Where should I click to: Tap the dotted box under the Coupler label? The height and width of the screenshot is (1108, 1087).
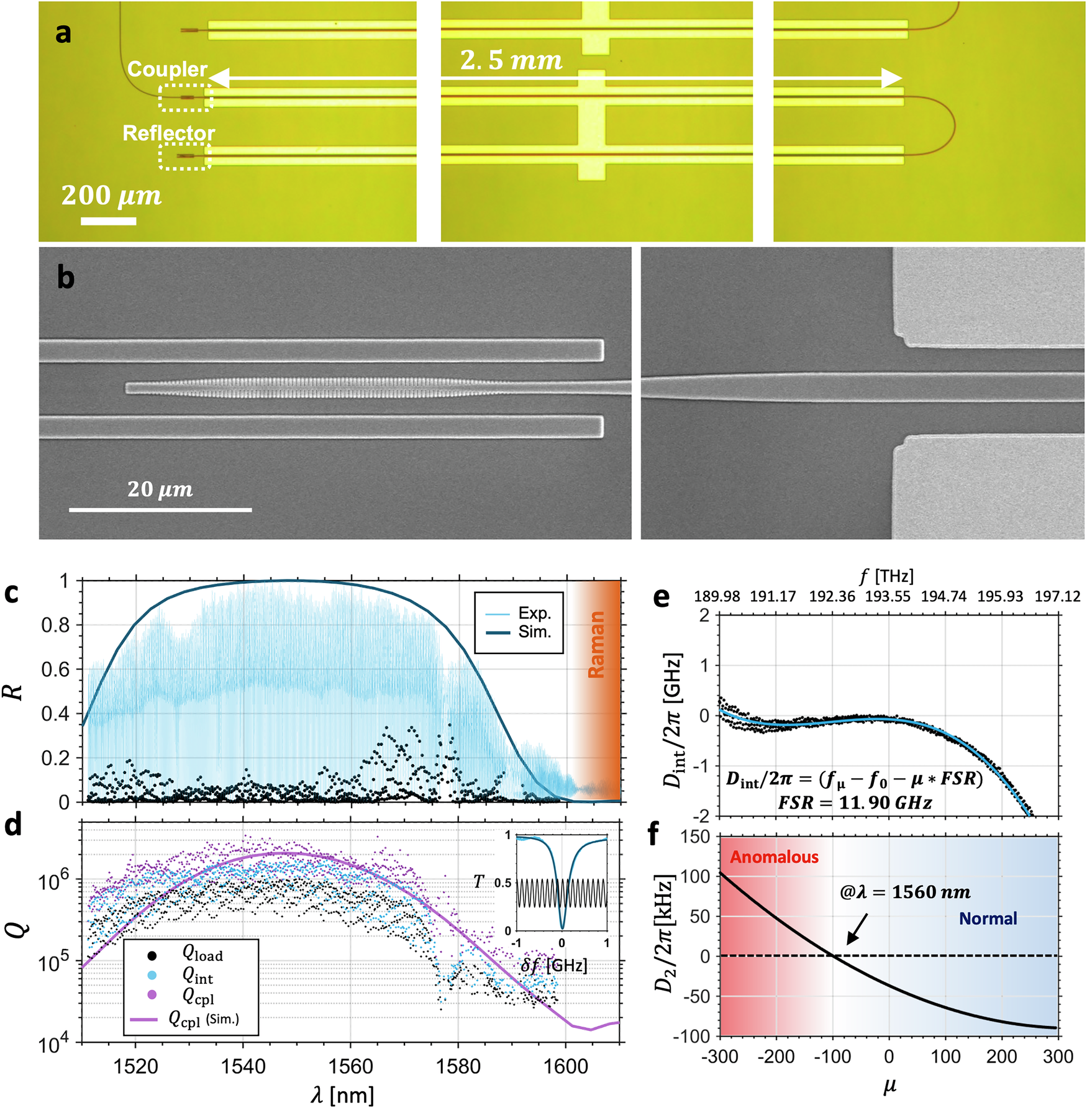(185, 98)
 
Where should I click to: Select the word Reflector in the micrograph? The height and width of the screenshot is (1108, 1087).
(168, 133)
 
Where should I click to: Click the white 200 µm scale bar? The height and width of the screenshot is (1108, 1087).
(108, 220)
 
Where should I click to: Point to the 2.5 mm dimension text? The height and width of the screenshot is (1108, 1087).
(511, 60)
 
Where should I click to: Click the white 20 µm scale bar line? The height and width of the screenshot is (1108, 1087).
(160, 510)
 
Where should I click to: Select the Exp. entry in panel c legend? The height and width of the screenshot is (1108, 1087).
(534, 613)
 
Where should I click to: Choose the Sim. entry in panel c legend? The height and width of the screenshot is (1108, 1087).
(534, 632)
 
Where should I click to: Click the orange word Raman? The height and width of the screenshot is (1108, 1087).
(596, 644)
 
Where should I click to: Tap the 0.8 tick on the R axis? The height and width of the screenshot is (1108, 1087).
(56, 625)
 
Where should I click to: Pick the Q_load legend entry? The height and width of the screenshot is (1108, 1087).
(202, 955)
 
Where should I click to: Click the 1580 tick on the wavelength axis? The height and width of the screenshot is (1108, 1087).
(458, 1066)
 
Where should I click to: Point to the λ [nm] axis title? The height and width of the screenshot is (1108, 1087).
(343, 1094)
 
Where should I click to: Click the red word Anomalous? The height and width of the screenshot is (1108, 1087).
(774, 857)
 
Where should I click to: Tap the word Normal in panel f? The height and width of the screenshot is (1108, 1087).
(988, 919)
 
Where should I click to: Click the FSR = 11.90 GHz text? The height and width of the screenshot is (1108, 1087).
(855, 803)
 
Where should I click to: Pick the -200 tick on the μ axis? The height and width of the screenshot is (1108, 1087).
(776, 1056)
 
